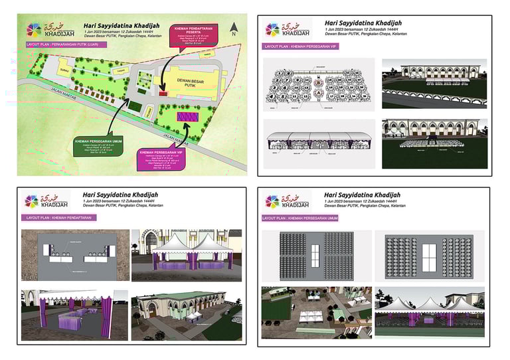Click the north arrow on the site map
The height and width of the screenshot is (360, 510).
[233, 29]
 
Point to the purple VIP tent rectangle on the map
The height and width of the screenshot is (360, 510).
[188, 116]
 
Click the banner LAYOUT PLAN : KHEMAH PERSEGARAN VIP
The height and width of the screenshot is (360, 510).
[298, 47]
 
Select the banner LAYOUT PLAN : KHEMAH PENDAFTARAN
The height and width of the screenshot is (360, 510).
[56, 217]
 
